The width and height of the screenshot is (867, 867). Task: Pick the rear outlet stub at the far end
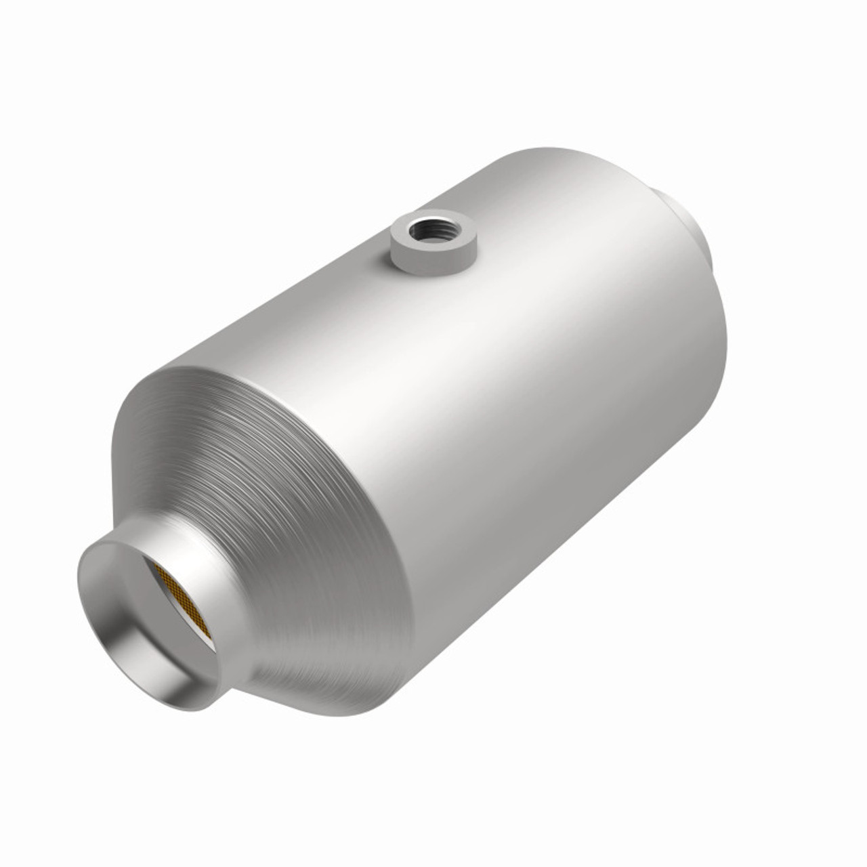click(684, 224)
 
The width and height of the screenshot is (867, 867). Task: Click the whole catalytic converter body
click(433, 433)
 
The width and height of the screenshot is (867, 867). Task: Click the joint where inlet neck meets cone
click(237, 583)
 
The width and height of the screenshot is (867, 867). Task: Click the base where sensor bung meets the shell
click(433, 268)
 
